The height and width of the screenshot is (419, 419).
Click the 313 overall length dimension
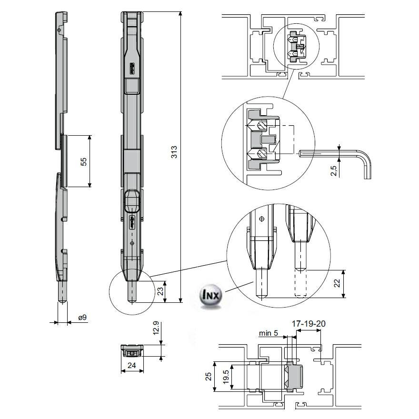tap(174, 152)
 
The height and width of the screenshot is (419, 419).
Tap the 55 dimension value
tap(84, 161)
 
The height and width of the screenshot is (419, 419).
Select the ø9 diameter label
tap(82, 318)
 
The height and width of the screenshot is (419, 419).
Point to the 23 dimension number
tap(160, 290)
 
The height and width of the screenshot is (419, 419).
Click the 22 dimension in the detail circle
tap(337, 284)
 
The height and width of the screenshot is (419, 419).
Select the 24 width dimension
tap(131, 366)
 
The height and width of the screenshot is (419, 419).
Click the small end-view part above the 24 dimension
tap(131, 350)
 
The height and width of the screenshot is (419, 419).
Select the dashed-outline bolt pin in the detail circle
tap(301, 281)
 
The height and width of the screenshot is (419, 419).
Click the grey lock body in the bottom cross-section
tap(295, 378)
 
